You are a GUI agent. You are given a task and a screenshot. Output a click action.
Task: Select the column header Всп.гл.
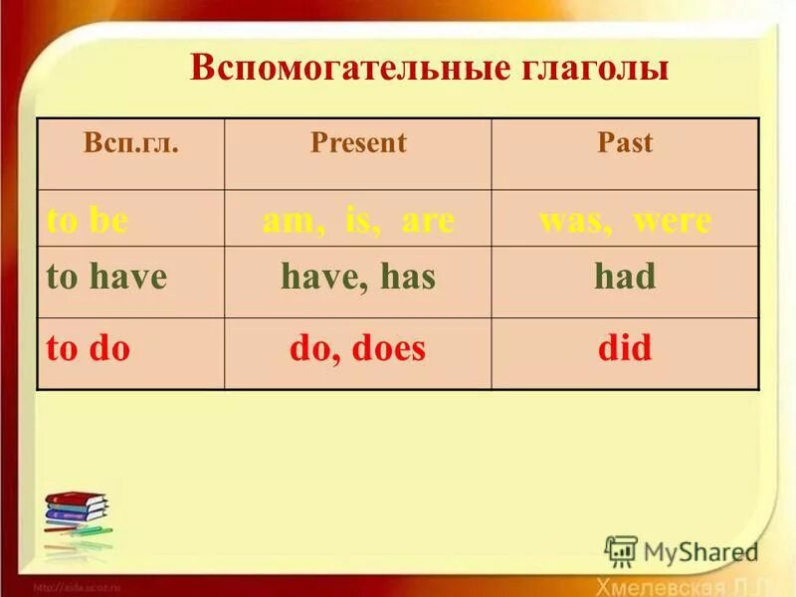tap(131, 143)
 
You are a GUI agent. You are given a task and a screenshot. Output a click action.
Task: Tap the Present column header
tap(358, 143)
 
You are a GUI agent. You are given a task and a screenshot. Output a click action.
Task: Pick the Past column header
tap(625, 143)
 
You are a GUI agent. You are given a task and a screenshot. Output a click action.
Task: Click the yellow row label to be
tap(88, 221)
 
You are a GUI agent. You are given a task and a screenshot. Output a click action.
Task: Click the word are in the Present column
tap(428, 221)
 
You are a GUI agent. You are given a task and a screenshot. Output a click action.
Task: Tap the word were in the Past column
tap(674, 221)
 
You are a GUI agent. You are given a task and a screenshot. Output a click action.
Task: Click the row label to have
tap(106, 278)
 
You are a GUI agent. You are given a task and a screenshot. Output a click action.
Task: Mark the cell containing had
tap(625, 278)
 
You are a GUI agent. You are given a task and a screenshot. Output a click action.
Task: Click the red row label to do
tap(89, 348)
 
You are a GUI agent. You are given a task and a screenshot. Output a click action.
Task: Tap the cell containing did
tap(625, 348)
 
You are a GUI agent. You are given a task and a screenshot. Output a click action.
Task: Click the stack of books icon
tap(77, 517)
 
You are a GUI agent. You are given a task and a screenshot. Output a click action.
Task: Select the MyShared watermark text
tap(700, 551)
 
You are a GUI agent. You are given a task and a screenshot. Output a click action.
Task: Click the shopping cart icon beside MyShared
tap(622, 551)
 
